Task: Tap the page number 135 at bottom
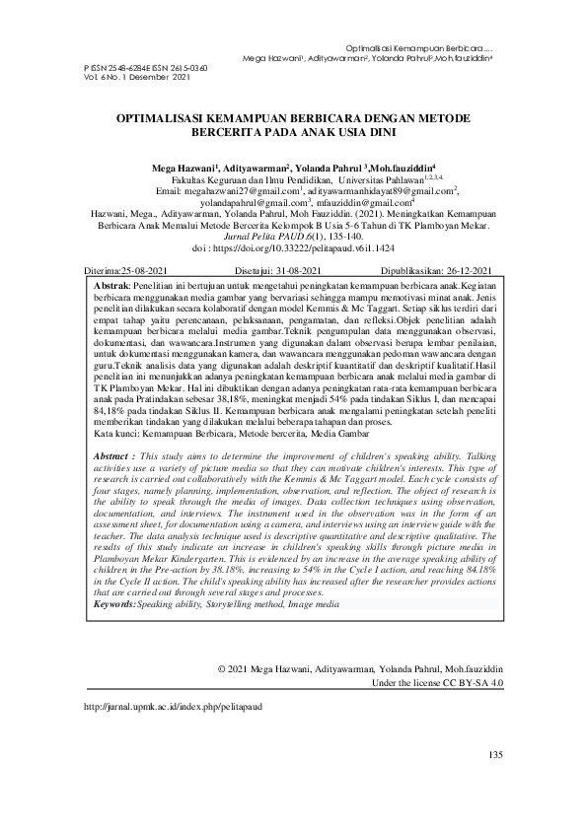(x=495, y=755)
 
